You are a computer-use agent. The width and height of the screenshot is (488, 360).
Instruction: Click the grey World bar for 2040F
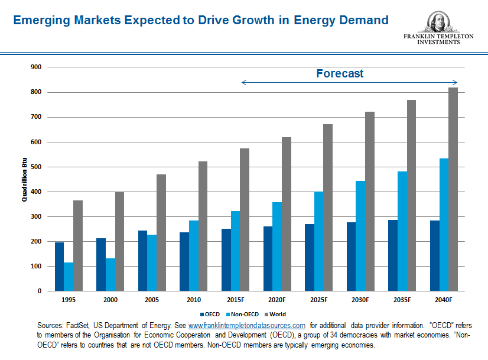point(453,189)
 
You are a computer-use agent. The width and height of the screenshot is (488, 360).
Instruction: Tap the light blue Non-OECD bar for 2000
point(110,275)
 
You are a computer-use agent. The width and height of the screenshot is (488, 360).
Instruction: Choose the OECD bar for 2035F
point(393,255)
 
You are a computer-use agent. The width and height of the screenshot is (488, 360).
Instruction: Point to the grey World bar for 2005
point(161,232)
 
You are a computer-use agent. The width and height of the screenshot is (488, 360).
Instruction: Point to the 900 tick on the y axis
point(36,67)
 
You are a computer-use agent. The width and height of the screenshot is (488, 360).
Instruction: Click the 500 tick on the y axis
point(36,167)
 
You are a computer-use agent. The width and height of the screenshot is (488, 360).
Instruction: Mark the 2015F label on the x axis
point(235,300)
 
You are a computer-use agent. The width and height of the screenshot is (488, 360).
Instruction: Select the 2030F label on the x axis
point(360,300)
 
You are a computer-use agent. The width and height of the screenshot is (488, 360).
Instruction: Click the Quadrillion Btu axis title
point(24,179)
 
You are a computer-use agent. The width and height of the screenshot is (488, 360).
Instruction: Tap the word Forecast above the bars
point(340,74)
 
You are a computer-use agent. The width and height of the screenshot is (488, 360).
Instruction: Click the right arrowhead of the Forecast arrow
point(456,83)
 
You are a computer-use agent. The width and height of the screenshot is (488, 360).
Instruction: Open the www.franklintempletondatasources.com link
point(246,326)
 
